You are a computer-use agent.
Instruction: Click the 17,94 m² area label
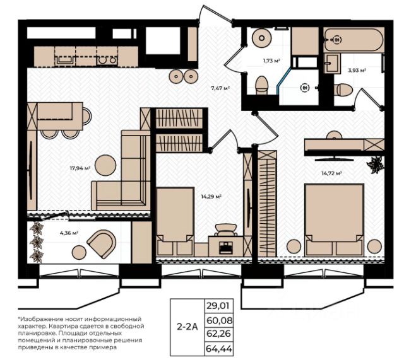[x=80, y=168]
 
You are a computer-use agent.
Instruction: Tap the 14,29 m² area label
[x=211, y=197]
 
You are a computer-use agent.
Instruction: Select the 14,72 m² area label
[x=331, y=173]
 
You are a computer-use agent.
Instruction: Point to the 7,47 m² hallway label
[x=220, y=88]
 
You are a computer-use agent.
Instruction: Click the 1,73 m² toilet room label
[x=271, y=61]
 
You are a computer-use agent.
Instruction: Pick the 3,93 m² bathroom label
[x=357, y=70]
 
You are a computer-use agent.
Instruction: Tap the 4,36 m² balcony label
[x=69, y=233]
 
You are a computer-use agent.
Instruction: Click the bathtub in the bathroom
[x=353, y=40]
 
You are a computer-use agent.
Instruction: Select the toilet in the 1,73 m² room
[x=261, y=85]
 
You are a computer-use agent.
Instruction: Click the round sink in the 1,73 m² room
[x=262, y=38]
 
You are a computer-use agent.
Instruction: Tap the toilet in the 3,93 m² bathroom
[x=343, y=90]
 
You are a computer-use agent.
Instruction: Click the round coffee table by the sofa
[x=105, y=165]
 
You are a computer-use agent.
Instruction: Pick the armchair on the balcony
[x=102, y=245]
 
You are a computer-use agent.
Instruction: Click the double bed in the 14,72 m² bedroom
[x=335, y=220]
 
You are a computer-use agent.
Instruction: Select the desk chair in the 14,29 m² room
[x=225, y=229]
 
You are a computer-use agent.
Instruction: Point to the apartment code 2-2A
[x=187, y=327]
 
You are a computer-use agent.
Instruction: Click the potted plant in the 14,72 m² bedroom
[x=375, y=164]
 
